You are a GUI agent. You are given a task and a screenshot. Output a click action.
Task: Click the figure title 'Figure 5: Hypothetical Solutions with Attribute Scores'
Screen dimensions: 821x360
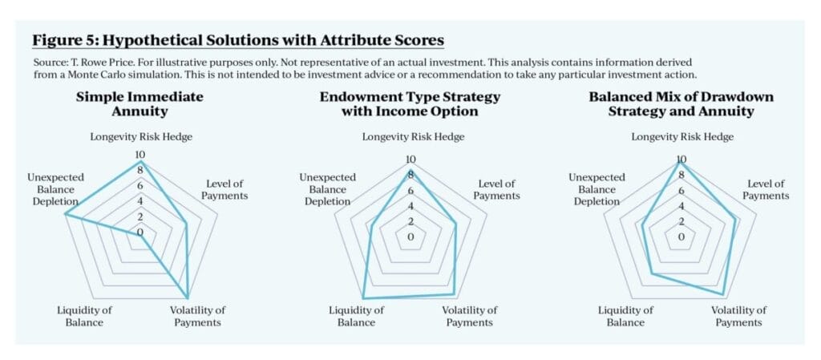point(238,40)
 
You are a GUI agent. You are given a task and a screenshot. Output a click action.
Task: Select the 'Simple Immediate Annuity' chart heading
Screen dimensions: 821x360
point(140,103)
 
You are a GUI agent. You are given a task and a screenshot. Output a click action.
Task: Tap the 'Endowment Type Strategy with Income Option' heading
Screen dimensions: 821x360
point(410,103)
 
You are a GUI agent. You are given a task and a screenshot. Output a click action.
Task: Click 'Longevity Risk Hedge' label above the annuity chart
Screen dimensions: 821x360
point(141,137)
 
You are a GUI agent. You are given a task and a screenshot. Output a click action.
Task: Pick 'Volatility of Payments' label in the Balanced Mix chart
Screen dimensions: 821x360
point(738,316)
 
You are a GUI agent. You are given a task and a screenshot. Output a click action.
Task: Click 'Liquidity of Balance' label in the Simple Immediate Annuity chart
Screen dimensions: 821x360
point(84,316)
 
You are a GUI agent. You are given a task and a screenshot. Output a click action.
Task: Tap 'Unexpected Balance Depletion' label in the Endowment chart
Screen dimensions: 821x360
point(327,189)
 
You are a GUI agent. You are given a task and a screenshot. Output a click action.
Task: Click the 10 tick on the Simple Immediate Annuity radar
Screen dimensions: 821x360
point(140,155)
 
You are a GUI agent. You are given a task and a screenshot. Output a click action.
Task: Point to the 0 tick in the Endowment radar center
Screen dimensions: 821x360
point(410,237)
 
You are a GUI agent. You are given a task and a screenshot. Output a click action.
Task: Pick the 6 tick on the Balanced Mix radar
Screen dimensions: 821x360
point(681,191)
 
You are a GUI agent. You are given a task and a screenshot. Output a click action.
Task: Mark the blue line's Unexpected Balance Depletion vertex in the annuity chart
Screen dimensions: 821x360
point(65,214)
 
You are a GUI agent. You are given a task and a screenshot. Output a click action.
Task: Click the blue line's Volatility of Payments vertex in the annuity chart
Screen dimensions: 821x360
point(188,297)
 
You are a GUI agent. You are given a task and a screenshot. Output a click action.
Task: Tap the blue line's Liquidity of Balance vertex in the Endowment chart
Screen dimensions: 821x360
point(363,298)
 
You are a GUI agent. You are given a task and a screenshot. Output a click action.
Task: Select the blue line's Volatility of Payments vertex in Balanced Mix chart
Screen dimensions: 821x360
point(724,294)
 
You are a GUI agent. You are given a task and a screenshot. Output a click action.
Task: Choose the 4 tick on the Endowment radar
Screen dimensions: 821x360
point(410,205)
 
